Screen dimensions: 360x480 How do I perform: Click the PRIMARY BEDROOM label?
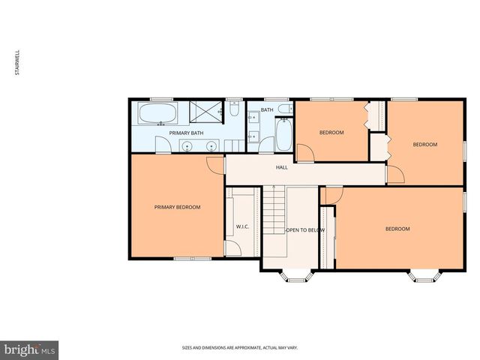(177, 207)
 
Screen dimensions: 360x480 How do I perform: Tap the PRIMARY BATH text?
(186, 133)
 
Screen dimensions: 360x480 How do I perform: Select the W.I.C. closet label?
(242, 226)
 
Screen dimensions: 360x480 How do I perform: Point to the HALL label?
(281, 167)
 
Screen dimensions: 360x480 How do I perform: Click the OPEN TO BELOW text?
(305, 229)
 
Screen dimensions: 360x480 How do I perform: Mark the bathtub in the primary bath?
(157, 115)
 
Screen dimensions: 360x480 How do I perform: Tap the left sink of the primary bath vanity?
(185, 145)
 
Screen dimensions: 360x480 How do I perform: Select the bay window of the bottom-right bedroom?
(424, 276)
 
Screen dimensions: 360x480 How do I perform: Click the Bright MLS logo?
(29, 349)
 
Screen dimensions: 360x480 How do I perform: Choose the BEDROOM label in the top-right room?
(425, 144)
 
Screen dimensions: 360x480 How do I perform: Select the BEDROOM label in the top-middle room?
(331, 133)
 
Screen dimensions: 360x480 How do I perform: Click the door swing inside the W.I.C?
(232, 247)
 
